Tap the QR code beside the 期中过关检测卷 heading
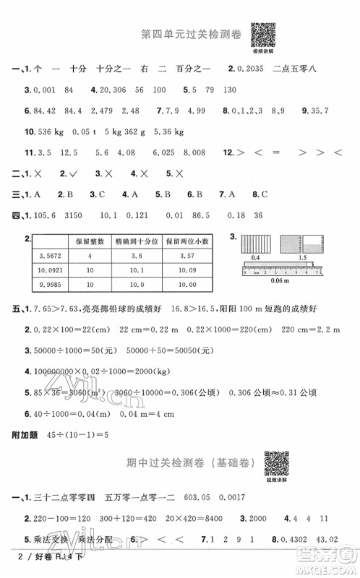coord(276,460)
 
